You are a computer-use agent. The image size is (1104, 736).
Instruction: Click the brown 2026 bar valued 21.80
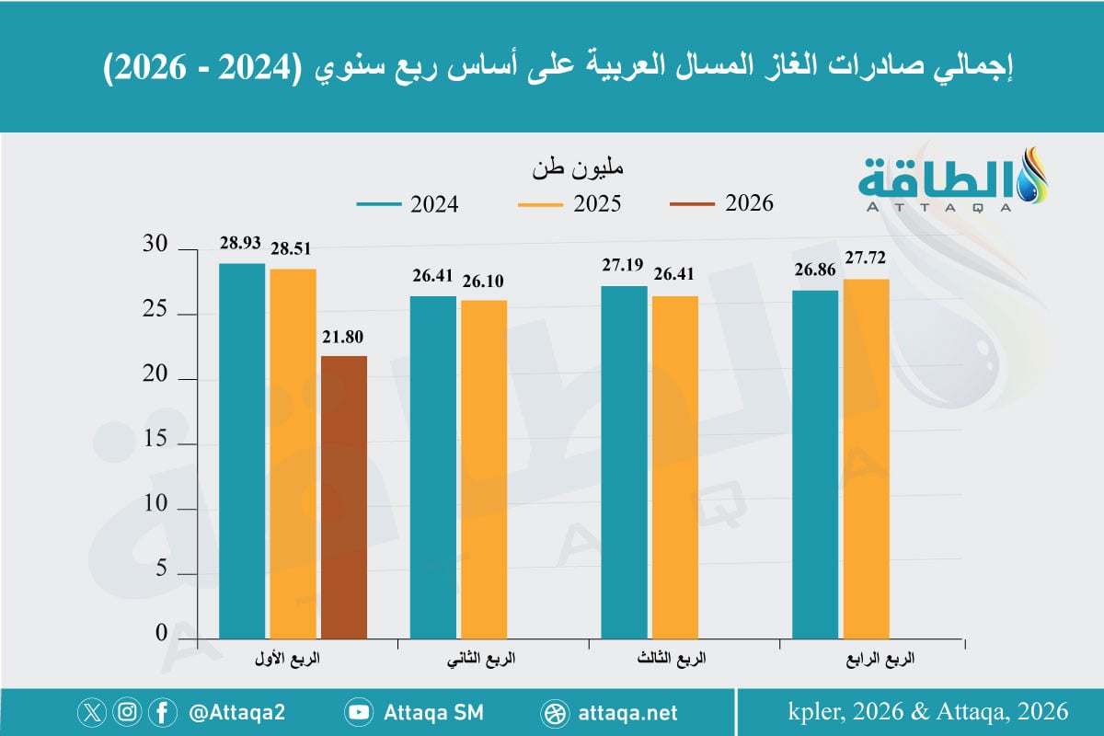pyautogui.click(x=344, y=497)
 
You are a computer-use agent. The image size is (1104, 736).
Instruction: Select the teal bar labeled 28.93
pyautogui.click(x=242, y=451)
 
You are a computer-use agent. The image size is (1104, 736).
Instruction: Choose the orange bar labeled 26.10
pyautogui.click(x=483, y=469)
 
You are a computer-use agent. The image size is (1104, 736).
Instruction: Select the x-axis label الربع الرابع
pyautogui.click(x=881, y=661)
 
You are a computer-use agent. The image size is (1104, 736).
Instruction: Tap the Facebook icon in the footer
pyautogui.click(x=162, y=712)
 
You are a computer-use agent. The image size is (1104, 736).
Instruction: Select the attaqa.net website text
pyautogui.click(x=629, y=713)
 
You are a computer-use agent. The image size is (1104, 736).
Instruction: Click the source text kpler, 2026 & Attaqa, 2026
pyautogui.click(x=927, y=711)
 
